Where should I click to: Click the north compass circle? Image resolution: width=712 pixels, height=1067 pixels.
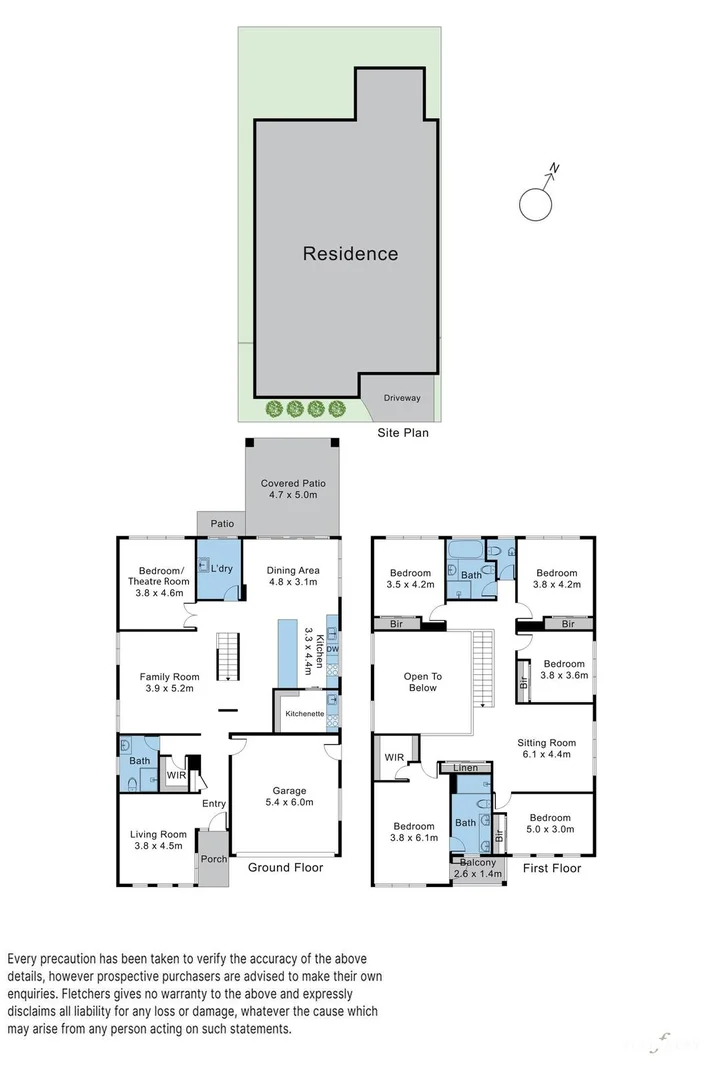pyautogui.click(x=536, y=205)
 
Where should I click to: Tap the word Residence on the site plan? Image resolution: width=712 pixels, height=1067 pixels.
pyautogui.click(x=350, y=254)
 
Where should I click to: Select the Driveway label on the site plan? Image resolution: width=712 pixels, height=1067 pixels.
pyautogui.click(x=402, y=398)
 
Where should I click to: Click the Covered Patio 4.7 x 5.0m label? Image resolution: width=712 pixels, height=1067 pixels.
pyautogui.click(x=293, y=489)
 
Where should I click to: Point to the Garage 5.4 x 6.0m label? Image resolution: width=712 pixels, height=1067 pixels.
pyautogui.click(x=291, y=796)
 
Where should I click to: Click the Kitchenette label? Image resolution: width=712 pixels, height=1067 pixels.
pyautogui.click(x=304, y=714)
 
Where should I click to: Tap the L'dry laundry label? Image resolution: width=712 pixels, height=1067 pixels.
pyautogui.click(x=222, y=569)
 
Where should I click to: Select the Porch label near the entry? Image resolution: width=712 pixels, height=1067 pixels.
pyautogui.click(x=212, y=857)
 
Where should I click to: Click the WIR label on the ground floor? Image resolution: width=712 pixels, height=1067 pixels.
pyautogui.click(x=176, y=775)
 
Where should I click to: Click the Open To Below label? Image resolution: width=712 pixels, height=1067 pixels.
pyautogui.click(x=422, y=682)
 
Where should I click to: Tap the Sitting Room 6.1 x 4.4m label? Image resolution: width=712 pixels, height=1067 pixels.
pyautogui.click(x=546, y=749)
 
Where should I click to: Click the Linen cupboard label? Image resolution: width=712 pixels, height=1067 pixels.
pyautogui.click(x=465, y=768)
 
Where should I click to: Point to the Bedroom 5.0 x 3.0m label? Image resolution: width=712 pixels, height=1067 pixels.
pyautogui.click(x=550, y=823)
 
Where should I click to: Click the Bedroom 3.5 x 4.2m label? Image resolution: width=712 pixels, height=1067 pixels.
pyautogui.click(x=409, y=578)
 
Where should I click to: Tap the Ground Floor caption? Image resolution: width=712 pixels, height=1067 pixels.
pyautogui.click(x=285, y=868)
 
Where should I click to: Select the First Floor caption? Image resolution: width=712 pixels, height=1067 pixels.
pyautogui.click(x=551, y=868)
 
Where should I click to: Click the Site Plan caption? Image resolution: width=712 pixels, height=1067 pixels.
pyautogui.click(x=401, y=433)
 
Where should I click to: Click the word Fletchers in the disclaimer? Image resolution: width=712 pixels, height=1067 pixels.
pyautogui.click(x=89, y=994)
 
